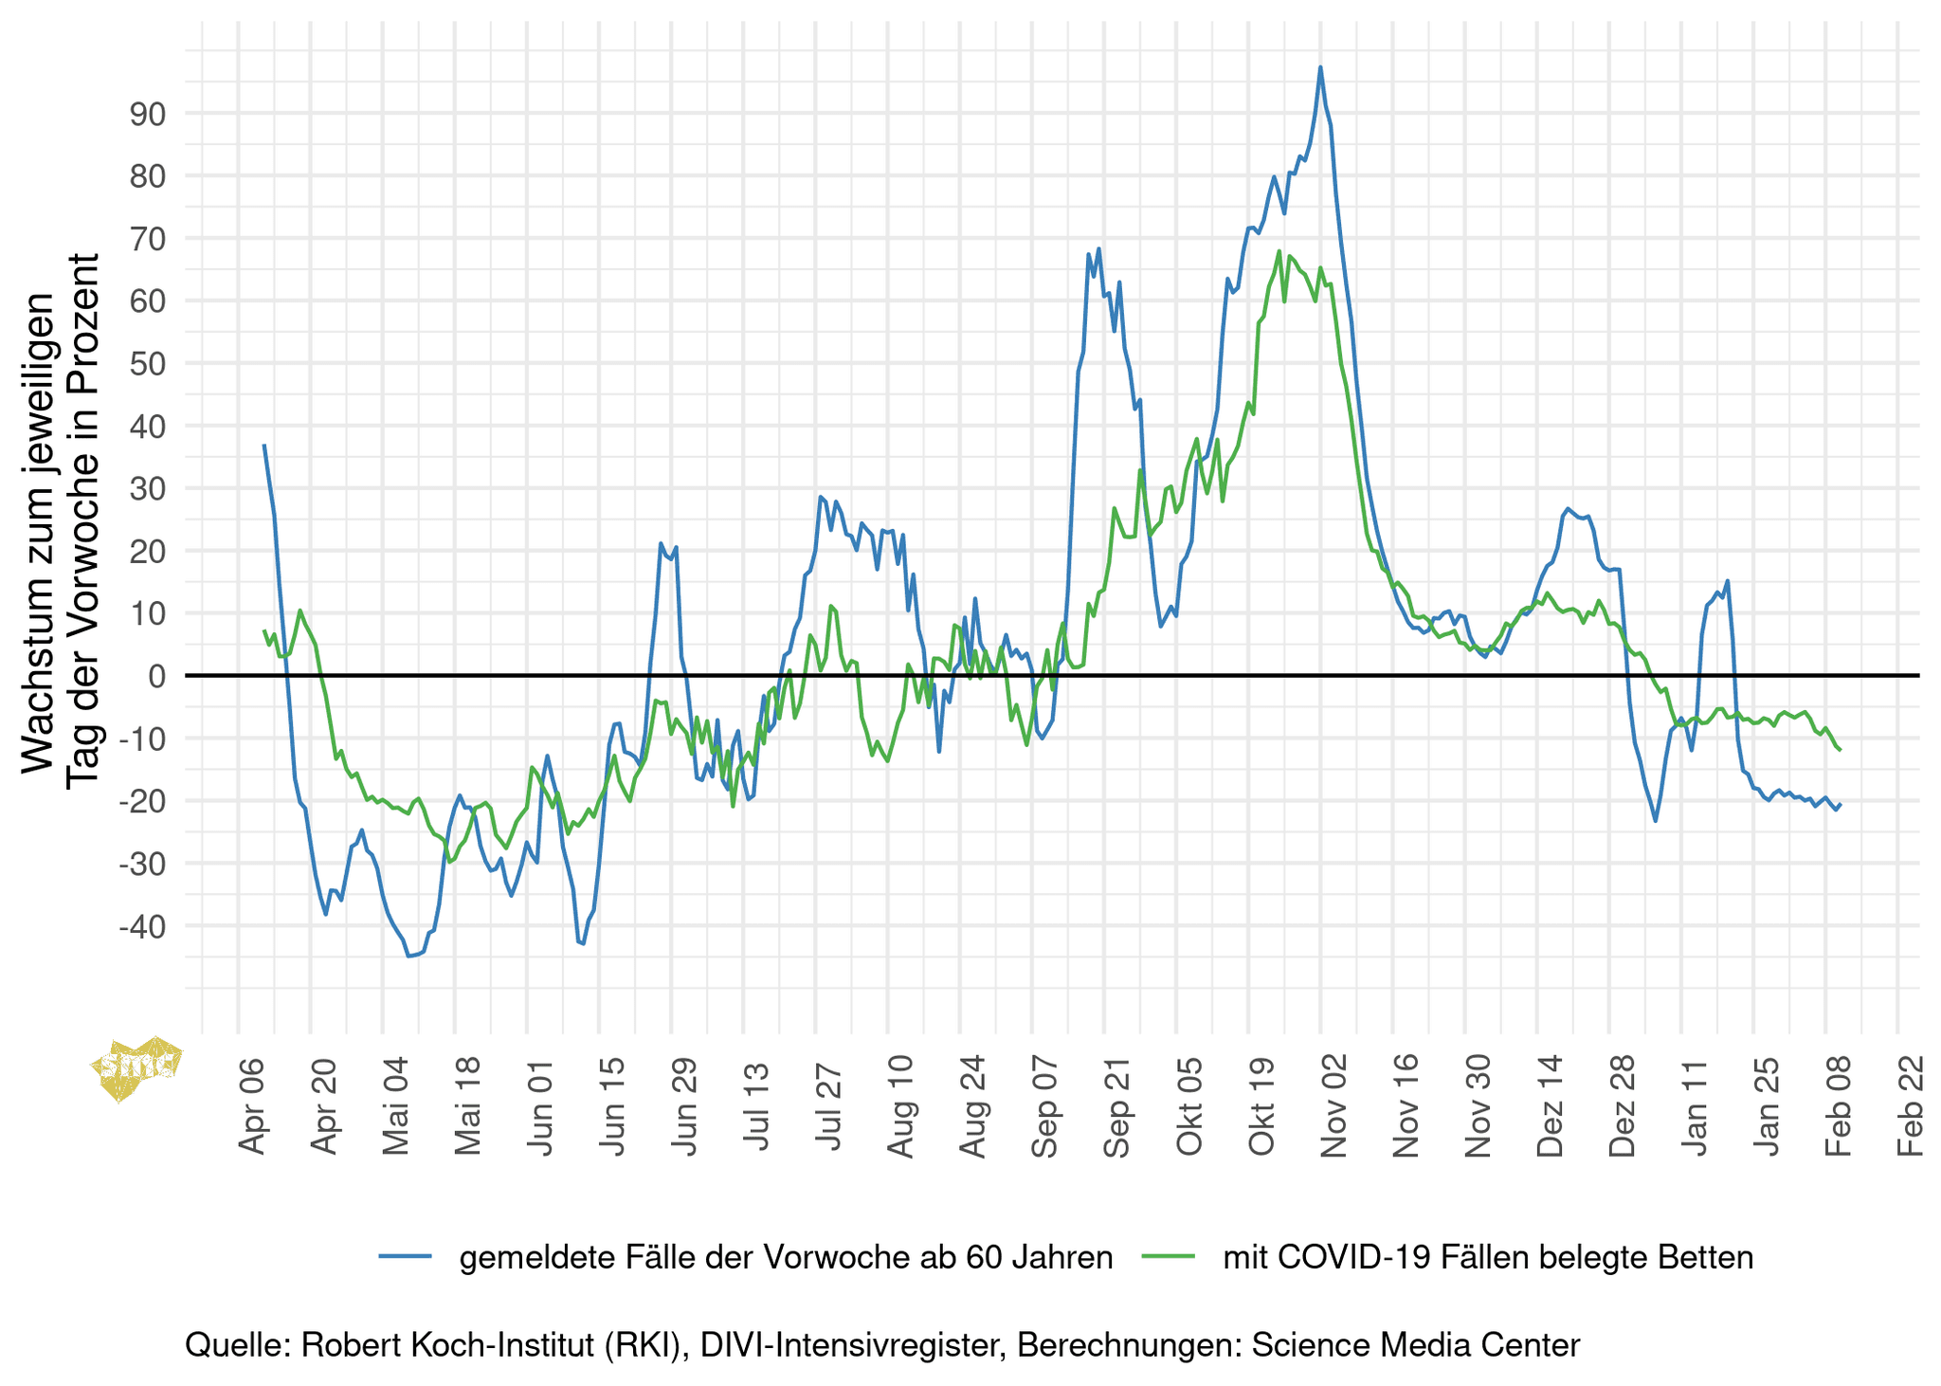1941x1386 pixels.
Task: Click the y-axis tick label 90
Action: (x=148, y=114)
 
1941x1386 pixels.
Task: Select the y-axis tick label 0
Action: (x=157, y=676)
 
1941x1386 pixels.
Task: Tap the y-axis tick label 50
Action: (x=148, y=364)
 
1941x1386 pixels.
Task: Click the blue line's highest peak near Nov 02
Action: (x=1320, y=67)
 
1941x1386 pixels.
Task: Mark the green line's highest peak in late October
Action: (x=1279, y=251)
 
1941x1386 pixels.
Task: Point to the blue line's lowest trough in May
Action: (x=408, y=957)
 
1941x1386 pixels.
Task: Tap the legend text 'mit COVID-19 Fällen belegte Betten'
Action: (x=1488, y=1257)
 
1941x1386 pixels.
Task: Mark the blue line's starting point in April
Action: (x=264, y=445)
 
